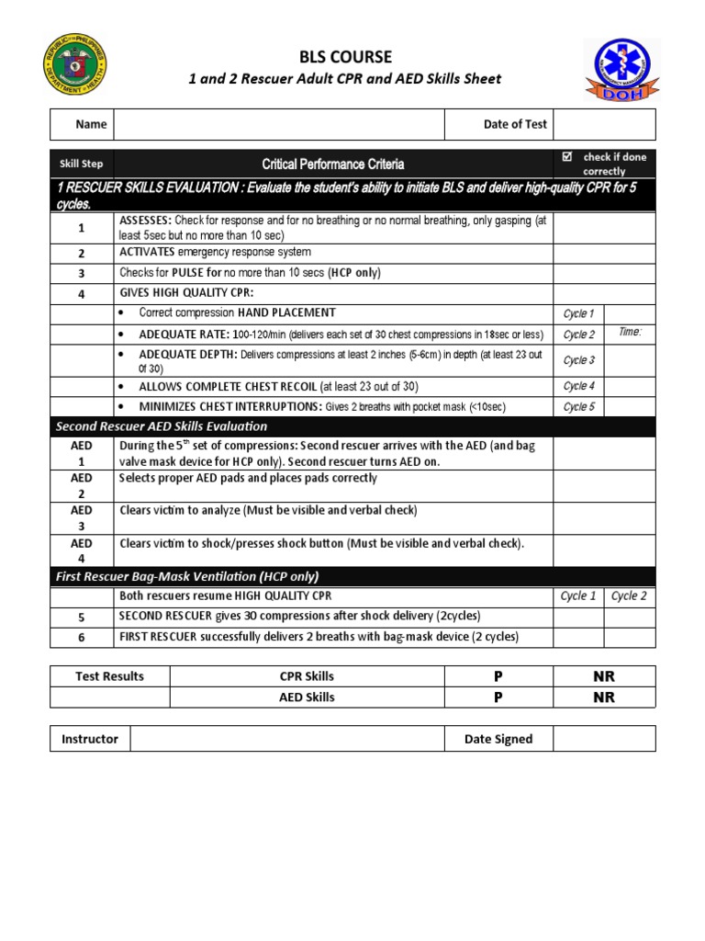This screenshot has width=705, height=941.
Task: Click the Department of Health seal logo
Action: pos(75,66)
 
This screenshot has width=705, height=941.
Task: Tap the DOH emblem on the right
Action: pos(621,69)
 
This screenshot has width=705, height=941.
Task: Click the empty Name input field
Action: pos(278,124)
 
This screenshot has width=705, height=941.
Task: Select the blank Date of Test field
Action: pos(604,124)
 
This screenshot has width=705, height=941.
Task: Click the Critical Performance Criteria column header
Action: pos(332,164)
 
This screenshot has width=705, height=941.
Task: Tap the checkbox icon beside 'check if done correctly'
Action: pos(567,157)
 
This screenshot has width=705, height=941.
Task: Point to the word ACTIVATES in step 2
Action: pos(148,252)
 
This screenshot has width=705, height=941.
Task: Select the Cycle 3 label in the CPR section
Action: pos(578,360)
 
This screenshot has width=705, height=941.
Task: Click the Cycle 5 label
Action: pos(578,407)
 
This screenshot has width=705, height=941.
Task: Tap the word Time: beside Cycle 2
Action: pos(630,332)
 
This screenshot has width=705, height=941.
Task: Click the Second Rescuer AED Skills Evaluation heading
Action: pos(162,426)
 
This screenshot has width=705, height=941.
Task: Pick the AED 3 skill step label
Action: pos(82,517)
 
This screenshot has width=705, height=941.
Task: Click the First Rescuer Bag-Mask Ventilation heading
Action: pos(187,576)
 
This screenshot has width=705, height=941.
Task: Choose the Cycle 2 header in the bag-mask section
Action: pos(629,596)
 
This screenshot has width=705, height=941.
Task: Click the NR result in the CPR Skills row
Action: pos(604,676)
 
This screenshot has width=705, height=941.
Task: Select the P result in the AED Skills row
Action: pos(498,697)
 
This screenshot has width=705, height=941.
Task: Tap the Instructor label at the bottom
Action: pos(90,739)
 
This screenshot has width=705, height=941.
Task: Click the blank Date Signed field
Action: pos(604,739)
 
